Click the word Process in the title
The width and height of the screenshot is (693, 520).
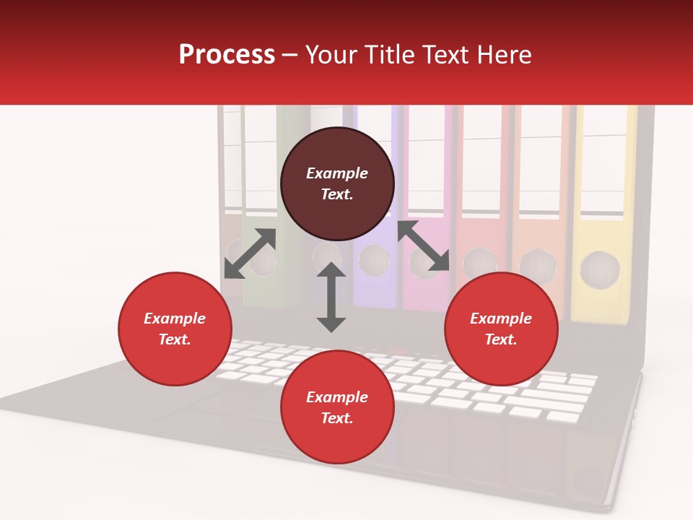227,55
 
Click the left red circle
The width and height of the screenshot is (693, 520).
175,329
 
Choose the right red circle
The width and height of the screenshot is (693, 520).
501,329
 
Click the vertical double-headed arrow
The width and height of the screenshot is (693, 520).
331,297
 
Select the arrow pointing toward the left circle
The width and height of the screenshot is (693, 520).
250,253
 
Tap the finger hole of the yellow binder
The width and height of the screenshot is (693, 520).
600,269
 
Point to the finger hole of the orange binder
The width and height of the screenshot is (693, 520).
538,266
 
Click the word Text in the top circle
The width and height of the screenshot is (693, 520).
337,194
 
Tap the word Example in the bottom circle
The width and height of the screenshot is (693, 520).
337,397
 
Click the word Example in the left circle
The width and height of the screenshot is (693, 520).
175,318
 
